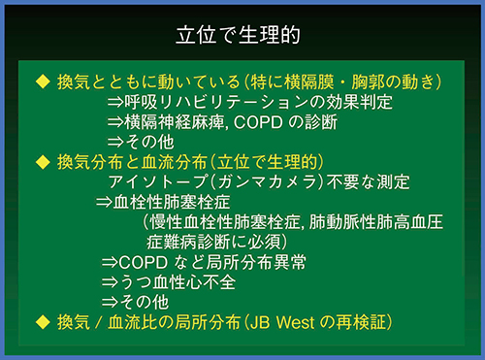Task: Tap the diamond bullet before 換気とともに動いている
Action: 42,78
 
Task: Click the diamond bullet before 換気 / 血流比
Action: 42,320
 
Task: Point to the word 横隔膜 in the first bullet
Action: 336,78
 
